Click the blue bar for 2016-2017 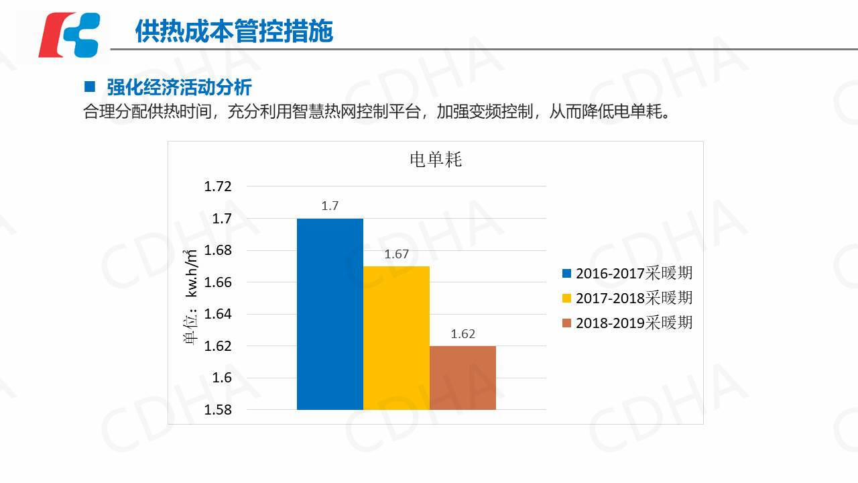pos(330,314)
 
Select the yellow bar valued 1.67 pos(396,337)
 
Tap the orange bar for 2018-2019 pos(463,377)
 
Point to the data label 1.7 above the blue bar pos(330,206)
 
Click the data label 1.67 pos(396,254)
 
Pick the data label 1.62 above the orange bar pos(463,334)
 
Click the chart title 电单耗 pos(436,160)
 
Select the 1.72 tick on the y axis pos(218,186)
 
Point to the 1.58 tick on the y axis pos(218,410)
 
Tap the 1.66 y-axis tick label pos(218,282)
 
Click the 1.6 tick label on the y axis pos(222,378)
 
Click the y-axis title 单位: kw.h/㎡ pos(191,295)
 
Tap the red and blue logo pos(70,35)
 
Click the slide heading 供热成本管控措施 pos(234,32)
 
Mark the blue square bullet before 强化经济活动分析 pos(90,87)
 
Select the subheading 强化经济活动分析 pos(179,87)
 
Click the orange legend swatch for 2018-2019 pos(566,323)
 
